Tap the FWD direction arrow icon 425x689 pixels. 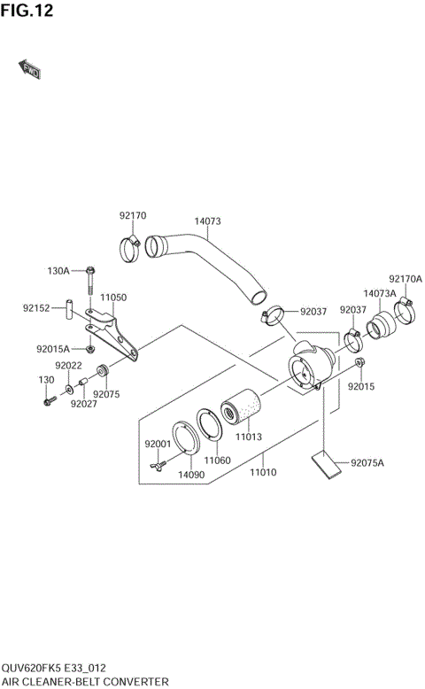tap(29, 68)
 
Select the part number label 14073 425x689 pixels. tap(206, 221)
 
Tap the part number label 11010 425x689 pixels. tap(263, 472)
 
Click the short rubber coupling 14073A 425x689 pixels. tap(383, 323)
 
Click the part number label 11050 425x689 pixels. tap(112, 298)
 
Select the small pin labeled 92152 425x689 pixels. tap(66, 309)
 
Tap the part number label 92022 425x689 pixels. tap(68, 366)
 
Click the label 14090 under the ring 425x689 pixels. tap(190, 475)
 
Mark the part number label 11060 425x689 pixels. tap(217, 461)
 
